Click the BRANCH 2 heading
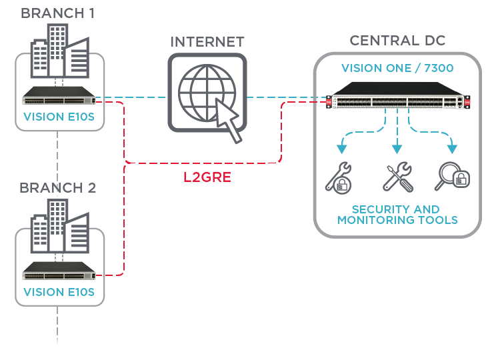(58, 187)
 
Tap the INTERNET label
(207, 42)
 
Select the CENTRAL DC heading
(397, 41)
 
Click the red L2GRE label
(207, 178)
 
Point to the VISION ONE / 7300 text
(397, 69)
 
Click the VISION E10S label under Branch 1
(59, 117)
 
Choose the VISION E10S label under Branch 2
(59, 291)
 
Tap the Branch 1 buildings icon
(60, 53)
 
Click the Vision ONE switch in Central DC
(398, 97)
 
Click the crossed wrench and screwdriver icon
(398, 177)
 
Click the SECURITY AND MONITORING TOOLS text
(397, 215)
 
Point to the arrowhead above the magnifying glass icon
(453, 149)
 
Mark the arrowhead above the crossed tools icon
(398, 149)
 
